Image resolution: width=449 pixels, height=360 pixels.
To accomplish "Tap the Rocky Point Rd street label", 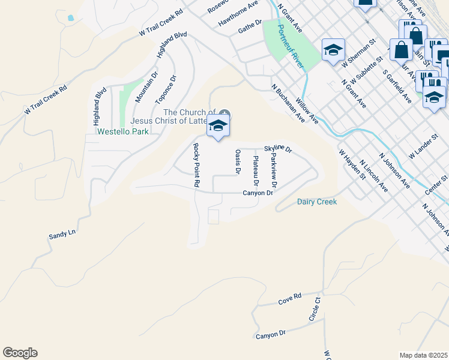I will click(x=196, y=166).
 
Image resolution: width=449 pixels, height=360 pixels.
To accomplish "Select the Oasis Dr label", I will click(x=238, y=162).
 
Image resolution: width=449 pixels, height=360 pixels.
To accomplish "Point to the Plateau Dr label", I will click(x=256, y=170).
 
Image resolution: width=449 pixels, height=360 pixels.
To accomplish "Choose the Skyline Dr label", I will click(x=278, y=148).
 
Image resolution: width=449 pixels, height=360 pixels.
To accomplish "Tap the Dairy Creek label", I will click(x=317, y=202).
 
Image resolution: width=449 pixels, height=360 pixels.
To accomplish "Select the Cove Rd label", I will click(x=289, y=300).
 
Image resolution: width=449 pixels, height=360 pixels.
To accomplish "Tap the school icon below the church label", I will click(x=218, y=126).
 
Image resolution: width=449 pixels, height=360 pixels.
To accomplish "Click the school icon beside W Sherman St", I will click(x=333, y=50).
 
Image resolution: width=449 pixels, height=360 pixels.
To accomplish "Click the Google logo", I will click(x=20, y=353).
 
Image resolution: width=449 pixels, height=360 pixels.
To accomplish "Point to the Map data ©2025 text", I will click(x=423, y=355).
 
